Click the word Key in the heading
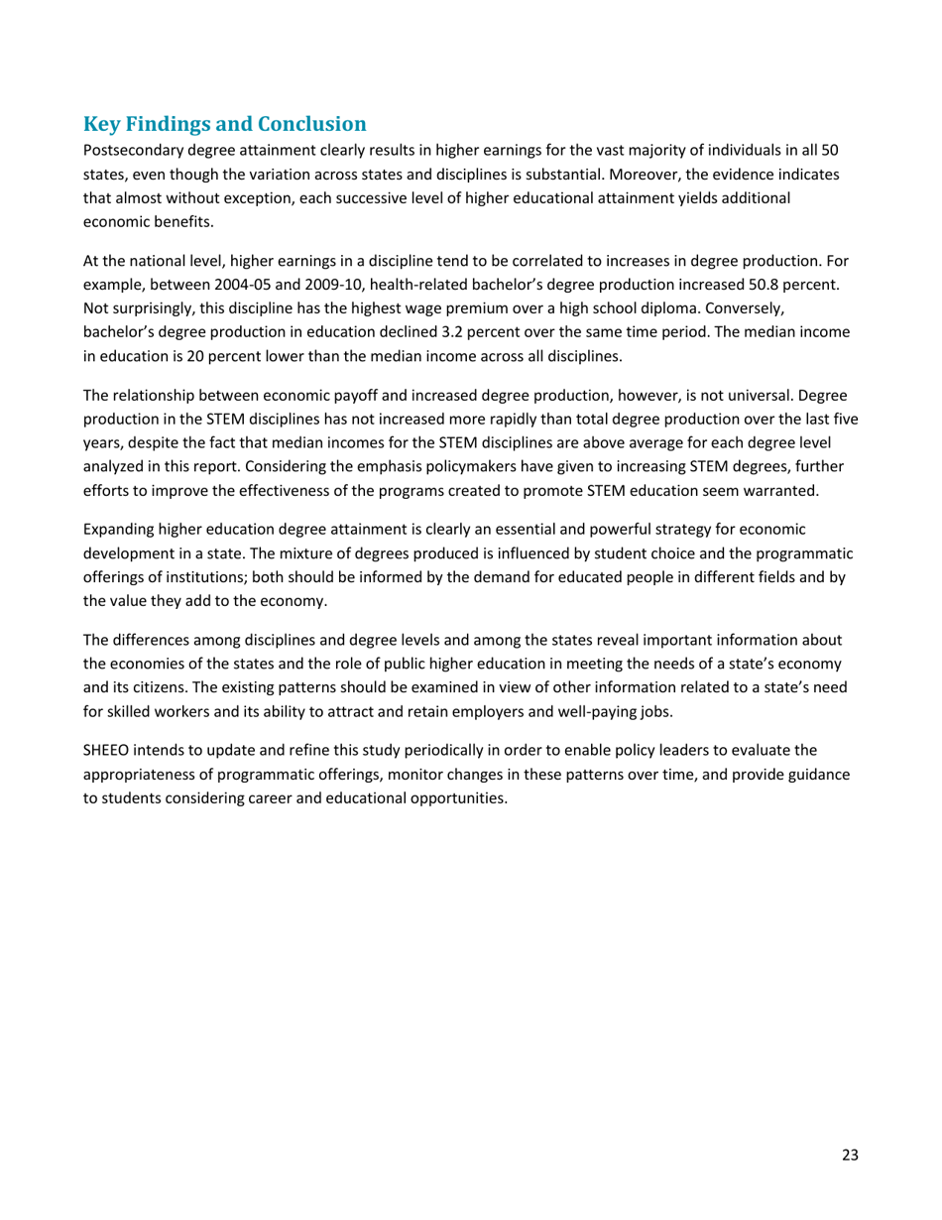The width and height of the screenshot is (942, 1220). tap(102, 125)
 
